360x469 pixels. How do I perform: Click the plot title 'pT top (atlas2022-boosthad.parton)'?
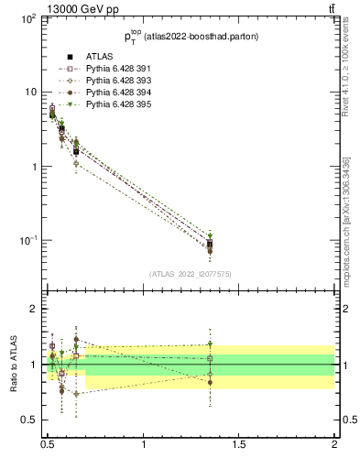[190, 38]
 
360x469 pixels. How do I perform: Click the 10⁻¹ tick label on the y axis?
[30, 241]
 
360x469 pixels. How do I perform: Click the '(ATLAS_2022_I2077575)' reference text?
[190, 274]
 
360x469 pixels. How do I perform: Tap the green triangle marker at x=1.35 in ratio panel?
[211, 345]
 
